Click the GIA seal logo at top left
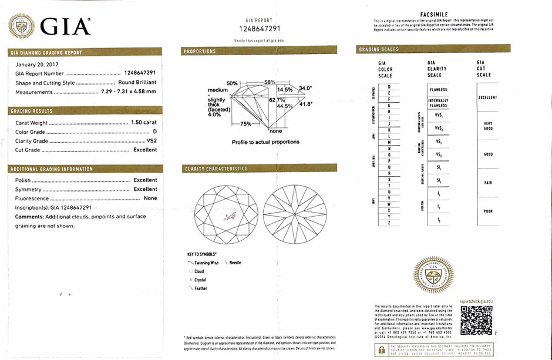click(x=22, y=26)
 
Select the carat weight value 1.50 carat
click(x=144, y=123)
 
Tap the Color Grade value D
click(x=154, y=132)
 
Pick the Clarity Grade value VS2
click(x=152, y=141)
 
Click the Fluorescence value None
click(x=150, y=198)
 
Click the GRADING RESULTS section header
click(x=32, y=111)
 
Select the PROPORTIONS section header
click(x=200, y=52)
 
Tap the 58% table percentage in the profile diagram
click(x=270, y=82)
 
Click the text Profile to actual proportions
click(x=265, y=142)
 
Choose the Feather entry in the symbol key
click(x=200, y=288)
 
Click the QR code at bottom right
click(x=476, y=320)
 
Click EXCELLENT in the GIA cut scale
click(x=487, y=97)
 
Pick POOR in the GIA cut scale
click(x=488, y=211)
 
